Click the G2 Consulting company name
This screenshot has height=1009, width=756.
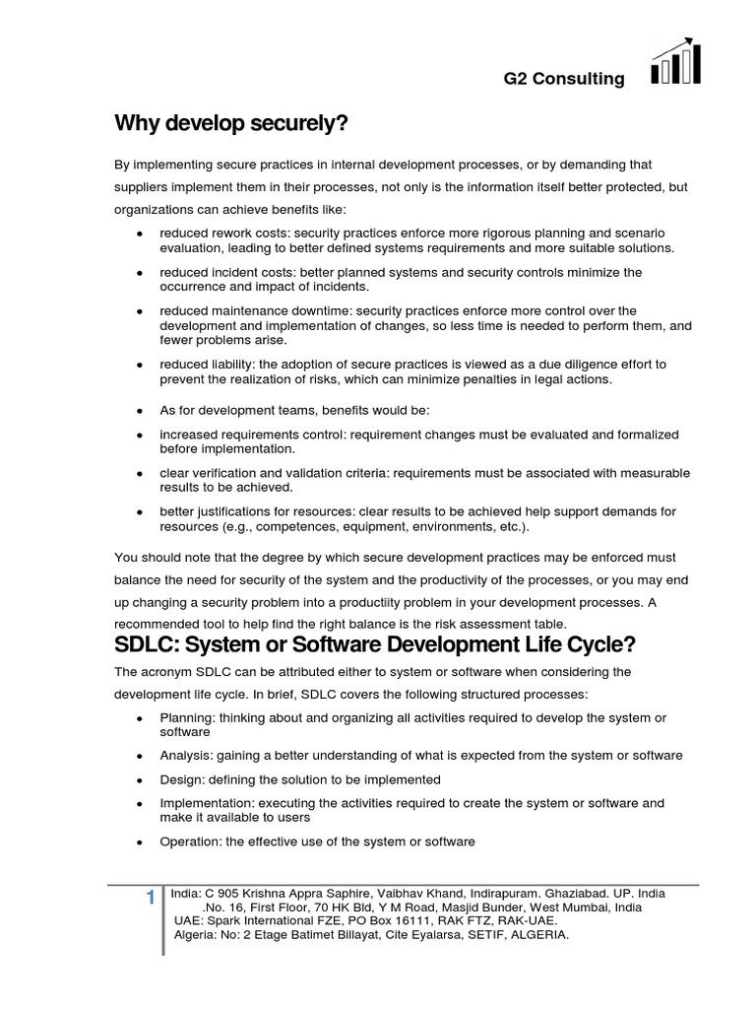click(x=564, y=79)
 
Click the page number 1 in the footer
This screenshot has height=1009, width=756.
click(x=150, y=898)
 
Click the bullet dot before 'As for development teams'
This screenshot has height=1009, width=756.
click(x=140, y=410)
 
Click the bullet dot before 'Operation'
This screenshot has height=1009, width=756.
click(x=140, y=842)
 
